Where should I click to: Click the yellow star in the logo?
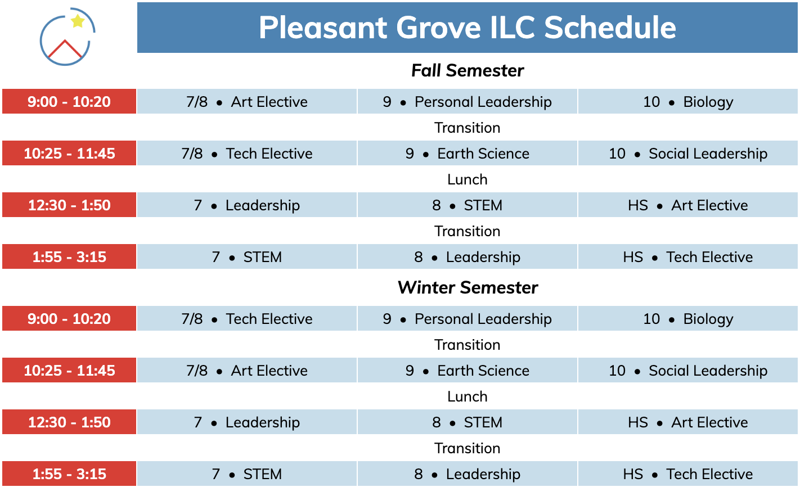click(x=78, y=21)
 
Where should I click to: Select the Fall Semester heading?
click(x=467, y=70)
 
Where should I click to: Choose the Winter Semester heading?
click(x=467, y=287)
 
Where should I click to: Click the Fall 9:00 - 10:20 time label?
click(x=69, y=101)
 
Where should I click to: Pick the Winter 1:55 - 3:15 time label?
click(x=69, y=474)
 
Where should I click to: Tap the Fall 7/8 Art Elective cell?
click(x=247, y=101)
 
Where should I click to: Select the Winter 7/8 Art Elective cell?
click(x=247, y=370)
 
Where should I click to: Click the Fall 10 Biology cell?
click(x=688, y=101)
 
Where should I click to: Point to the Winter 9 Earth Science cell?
click(x=467, y=370)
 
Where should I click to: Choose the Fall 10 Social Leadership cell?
click(x=688, y=153)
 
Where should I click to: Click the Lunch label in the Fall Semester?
click(x=467, y=179)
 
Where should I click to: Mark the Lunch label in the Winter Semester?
click(x=467, y=396)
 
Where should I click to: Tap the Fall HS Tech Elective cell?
click(x=688, y=256)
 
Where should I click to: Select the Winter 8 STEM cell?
click(x=467, y=422)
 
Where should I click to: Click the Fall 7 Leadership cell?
click(x=247, y=205)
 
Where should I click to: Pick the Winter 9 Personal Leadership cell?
click(x=467, y=318)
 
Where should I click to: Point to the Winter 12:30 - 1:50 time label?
click(x=69, y=422)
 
